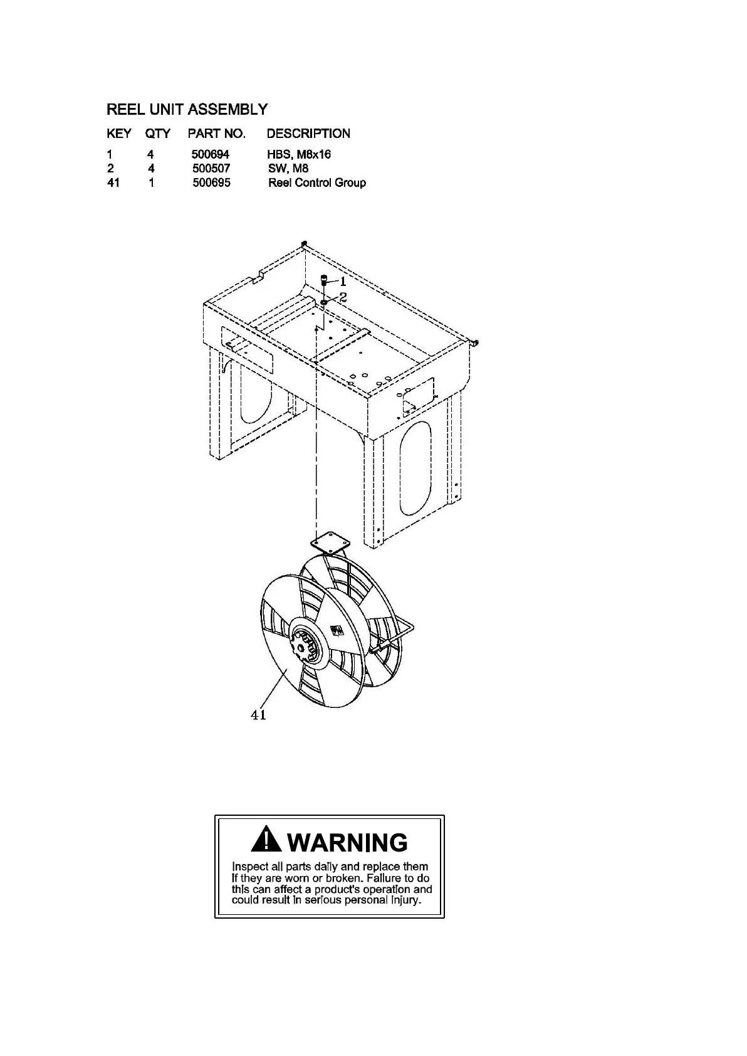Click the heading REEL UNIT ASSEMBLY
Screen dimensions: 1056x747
[x=187, y=110]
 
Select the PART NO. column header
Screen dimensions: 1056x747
[x=216, y=134]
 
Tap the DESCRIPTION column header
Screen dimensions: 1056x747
[x=308, y=134]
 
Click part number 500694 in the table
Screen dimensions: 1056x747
[x=211, y=154]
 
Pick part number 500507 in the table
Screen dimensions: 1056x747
[x=211, y=169]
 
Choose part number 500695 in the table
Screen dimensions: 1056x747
[x=211, y=183]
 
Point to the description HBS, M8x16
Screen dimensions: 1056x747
[x=299, y=154]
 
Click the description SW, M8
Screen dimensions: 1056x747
[x=288, y=169]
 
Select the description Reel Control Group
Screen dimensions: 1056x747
[x=317, y=183]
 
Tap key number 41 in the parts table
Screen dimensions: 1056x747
[x=113, y=183]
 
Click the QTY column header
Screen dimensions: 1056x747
[x=158, y=134]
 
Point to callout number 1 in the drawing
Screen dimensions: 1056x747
[x=343, y=282]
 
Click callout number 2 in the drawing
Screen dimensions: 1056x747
[x=343, y=297]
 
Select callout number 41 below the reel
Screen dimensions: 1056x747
[x=258, y=715]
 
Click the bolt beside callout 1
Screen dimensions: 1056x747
[x=324, y=280]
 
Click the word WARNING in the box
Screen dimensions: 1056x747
[x=348, y=842]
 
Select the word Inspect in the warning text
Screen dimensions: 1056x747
[x=249, y=867]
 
